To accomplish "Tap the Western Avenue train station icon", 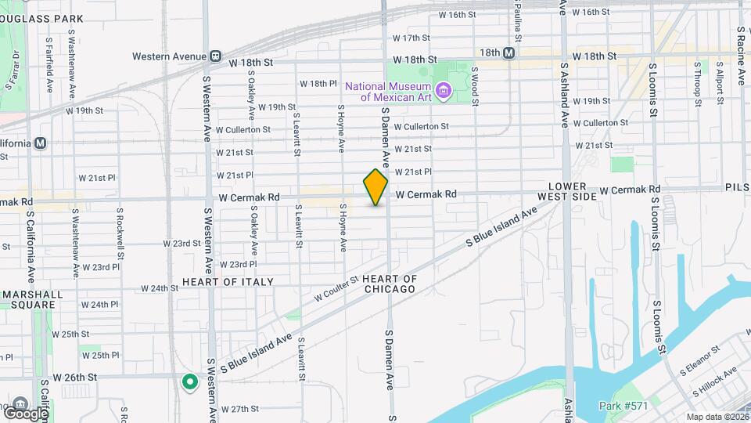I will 215,56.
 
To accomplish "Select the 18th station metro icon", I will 509,52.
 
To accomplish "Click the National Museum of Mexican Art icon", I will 444,92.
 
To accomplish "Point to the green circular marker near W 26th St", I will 189,382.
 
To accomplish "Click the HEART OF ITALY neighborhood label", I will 228,282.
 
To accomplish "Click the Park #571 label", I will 623,406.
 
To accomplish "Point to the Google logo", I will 25,413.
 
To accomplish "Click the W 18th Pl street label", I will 318,84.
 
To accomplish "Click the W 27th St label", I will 239,409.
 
